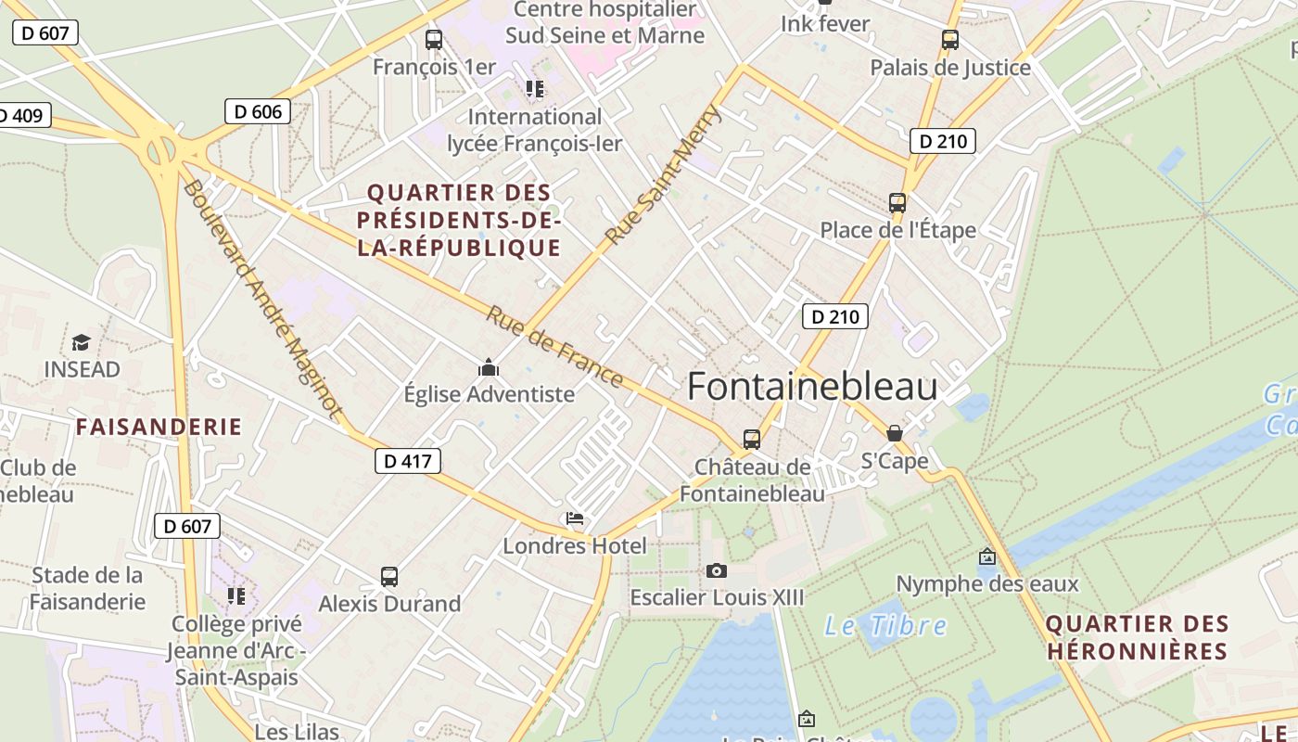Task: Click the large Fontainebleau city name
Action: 812,388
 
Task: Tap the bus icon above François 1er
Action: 434,40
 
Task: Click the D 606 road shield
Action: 258,112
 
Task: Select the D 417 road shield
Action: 408,461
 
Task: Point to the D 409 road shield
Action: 22,116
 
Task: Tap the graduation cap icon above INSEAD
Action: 82,342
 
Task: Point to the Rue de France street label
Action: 554,346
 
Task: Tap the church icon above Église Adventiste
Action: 489,368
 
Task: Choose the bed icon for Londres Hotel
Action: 575,518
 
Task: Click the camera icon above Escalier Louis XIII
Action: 717,570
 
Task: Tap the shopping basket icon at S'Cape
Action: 895,433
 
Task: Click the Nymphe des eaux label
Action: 987,583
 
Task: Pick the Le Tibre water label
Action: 885,626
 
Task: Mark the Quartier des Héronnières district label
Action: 1137,637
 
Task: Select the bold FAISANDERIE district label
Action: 159,428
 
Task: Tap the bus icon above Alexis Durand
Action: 389,577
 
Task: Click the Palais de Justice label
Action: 950,68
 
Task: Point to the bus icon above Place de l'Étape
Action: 897,203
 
